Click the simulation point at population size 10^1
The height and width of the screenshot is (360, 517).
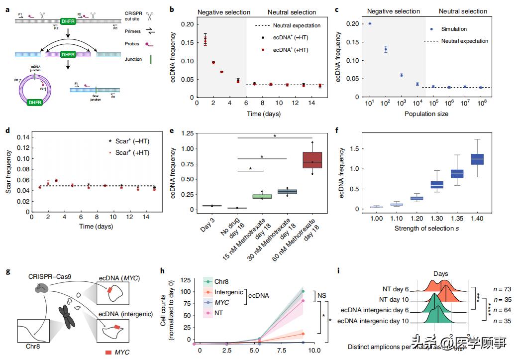[369, 23]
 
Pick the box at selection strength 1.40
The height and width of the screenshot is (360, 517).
[477, 159]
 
